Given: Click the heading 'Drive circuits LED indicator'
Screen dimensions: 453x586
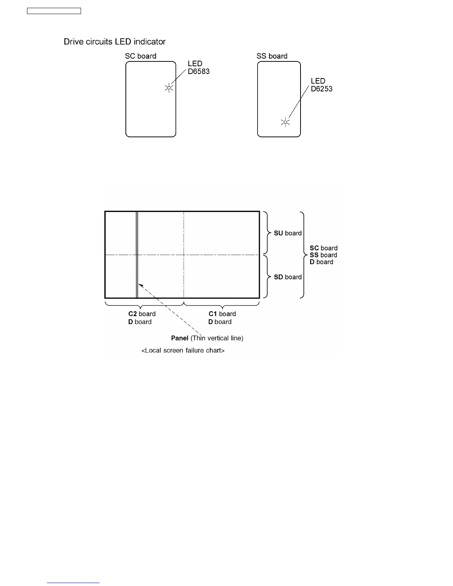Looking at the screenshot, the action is pyautogui.click(x=115, y=41).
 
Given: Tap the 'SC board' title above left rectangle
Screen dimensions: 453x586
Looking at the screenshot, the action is pyautogui.click(x=141, y=56).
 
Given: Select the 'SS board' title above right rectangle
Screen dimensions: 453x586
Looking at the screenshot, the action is pyautogui.click(x=272, y=56).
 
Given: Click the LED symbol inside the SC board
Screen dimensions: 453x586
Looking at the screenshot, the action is pyautogui.click(x=169, y=88).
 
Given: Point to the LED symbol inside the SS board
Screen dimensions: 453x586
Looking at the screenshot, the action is pyautogui.click(x=285, y=122).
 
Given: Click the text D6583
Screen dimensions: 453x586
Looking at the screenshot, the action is pyautogui.click(x=199, y=71).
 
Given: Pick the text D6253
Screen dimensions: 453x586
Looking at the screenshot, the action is pyautogui.click(x=322, y=89).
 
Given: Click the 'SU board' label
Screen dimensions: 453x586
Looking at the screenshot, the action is pyautogui.click(x=288, y=233).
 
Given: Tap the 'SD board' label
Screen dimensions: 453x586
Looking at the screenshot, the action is pyautogui.click(x=288, y=277).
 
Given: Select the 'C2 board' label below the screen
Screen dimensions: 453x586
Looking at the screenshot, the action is pyautogui.click(x=142, y=314).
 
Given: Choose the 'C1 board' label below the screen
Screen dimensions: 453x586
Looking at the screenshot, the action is pyautogui.click(x=222, y=314).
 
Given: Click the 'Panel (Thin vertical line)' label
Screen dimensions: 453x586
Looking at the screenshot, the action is pyautogui.click(x=207, y=338).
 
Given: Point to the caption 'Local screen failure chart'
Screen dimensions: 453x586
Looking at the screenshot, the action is pyautogui.click(x=183, y=350).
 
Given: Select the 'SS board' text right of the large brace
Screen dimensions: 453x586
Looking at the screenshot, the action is pyautogui.click(x=323, y=255).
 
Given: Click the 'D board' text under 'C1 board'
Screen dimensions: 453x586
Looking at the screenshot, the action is pyautogui.click(x=220, y=322).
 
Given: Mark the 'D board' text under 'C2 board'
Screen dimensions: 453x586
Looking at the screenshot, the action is pyautogui.click(x=140, y=322).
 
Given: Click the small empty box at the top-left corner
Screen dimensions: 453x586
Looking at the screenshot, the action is pyautogui.click(x=54, y=11).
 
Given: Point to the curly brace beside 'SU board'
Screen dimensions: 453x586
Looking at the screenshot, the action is pyautogui.click(x=267, y=233).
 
